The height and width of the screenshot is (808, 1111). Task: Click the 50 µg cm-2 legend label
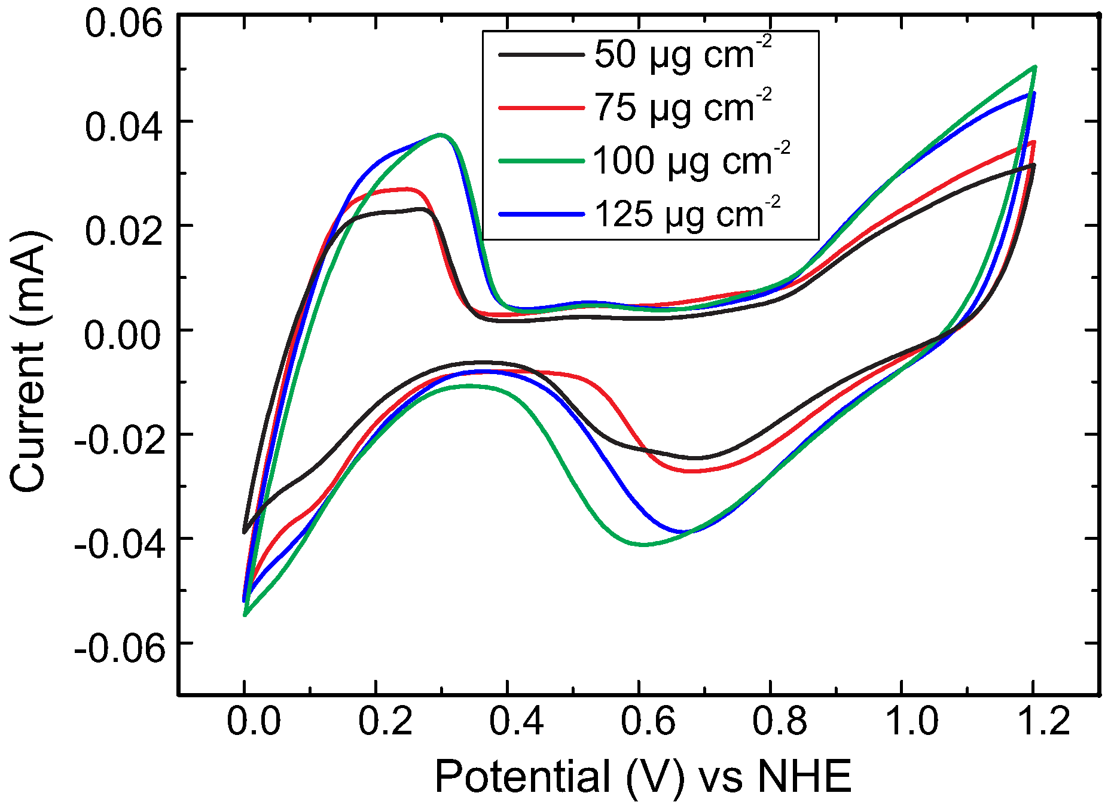point(682,54)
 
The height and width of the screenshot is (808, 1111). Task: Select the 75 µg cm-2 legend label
point(682,108)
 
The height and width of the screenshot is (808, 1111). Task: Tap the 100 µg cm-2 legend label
point(691,161)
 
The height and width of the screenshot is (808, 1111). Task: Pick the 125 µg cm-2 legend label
point(687,214)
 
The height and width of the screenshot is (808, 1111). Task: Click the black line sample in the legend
point(541,54)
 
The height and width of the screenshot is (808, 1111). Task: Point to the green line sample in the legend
point(541,161)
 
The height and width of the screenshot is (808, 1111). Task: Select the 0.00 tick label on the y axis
point(123,335)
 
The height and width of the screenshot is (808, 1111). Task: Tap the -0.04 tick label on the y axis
point(119,543)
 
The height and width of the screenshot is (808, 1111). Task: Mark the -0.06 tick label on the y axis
point(119,648)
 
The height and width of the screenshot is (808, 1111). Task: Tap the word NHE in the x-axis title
point(805,777)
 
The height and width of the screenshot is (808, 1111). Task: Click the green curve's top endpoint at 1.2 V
point(1034,67)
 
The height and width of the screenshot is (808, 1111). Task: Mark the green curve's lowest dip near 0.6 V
point(643,545)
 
